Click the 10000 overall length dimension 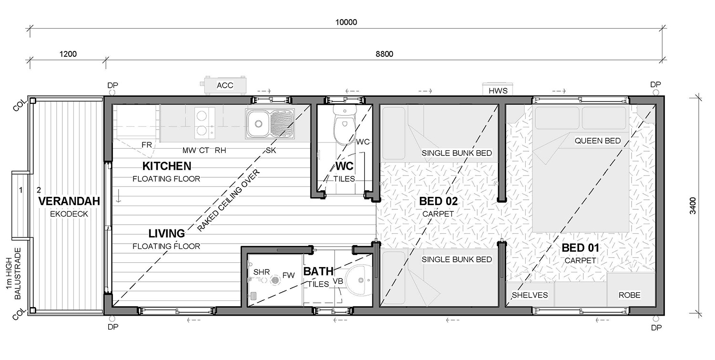coord(346,22)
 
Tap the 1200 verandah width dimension coord(68,54)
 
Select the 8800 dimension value coord(384,54)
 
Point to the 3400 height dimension coord(692,206)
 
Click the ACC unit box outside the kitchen coord(225,85)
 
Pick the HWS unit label coord(498,91)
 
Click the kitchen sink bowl coord(258,124)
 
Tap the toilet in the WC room coord(345,124)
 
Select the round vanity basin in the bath coord(360,280)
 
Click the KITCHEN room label coord(167,166)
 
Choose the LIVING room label coord(167,234)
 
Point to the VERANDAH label coord(69,201)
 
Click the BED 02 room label coord(438,201)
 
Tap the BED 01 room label coord(580,248)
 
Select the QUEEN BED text coord(598,141)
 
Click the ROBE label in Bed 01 coord(630,295)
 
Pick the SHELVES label coord(530,295)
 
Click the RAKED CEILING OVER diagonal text coord(228,201)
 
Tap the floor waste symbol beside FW coord(275,280)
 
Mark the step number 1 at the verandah coord(21,190)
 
